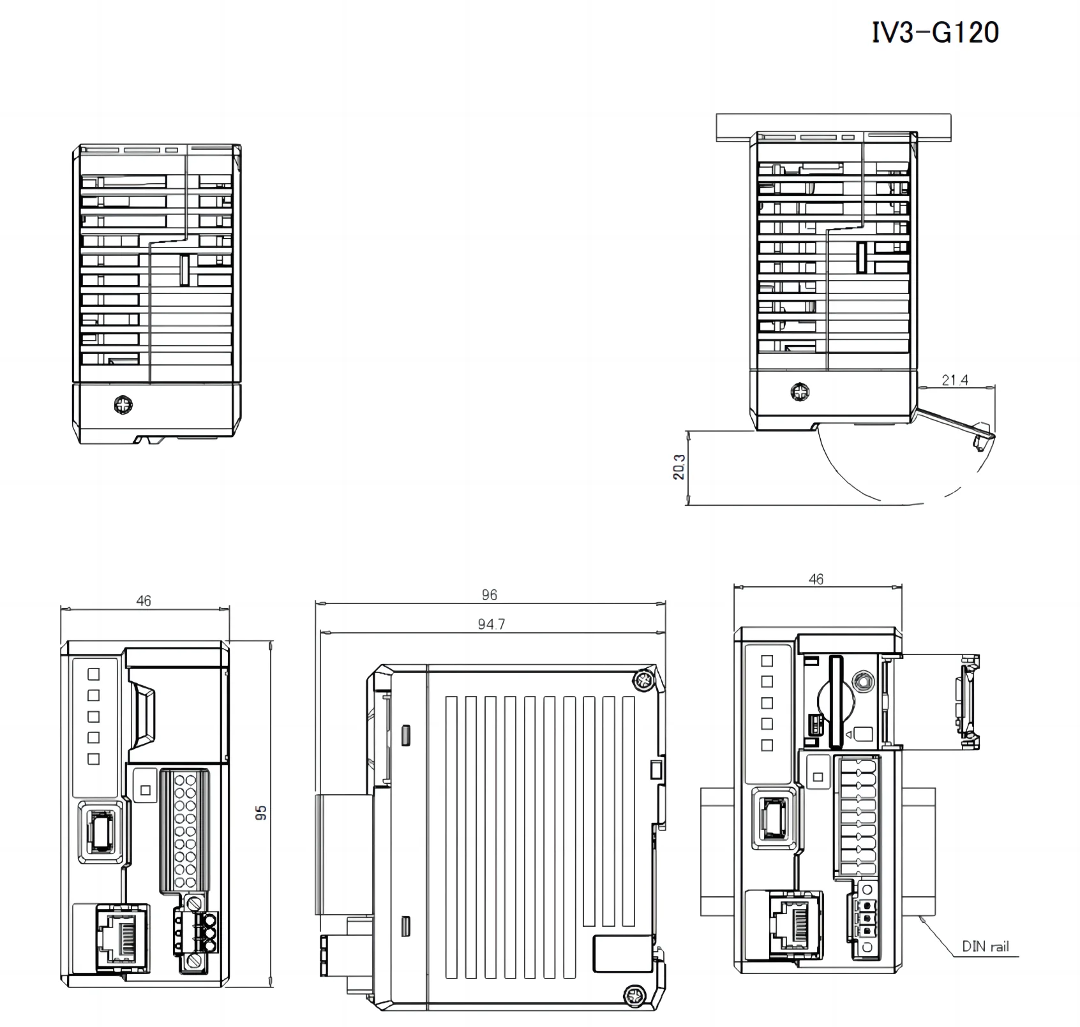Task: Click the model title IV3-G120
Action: coord(935,33)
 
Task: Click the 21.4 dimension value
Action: coord(955,380)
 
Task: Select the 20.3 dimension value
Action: coord(679,467)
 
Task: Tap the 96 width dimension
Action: coord(490,595)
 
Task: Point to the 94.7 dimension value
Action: coord(491,624)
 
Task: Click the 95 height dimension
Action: coord(261,813)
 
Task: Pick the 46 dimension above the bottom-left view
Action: coord(144,601)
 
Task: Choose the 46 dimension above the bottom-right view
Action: coord(816,579)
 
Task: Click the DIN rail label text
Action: coord(986,947)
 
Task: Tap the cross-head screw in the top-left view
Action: coord(122,404)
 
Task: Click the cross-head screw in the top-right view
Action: coord(799,392)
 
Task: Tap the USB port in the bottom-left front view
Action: coord(100,832)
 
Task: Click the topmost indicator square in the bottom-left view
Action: coord(94,674)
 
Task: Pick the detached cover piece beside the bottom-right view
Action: coord(968,701)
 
